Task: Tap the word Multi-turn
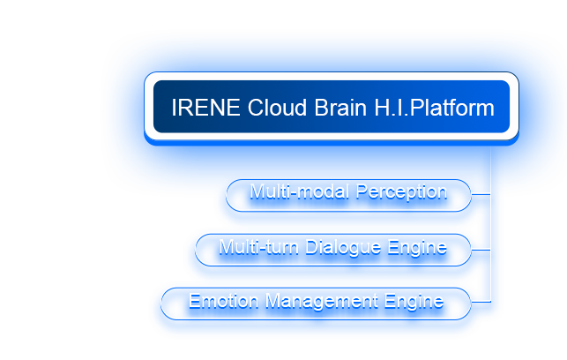257,247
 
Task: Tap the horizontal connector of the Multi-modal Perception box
481,191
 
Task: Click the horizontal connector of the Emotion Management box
481,301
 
